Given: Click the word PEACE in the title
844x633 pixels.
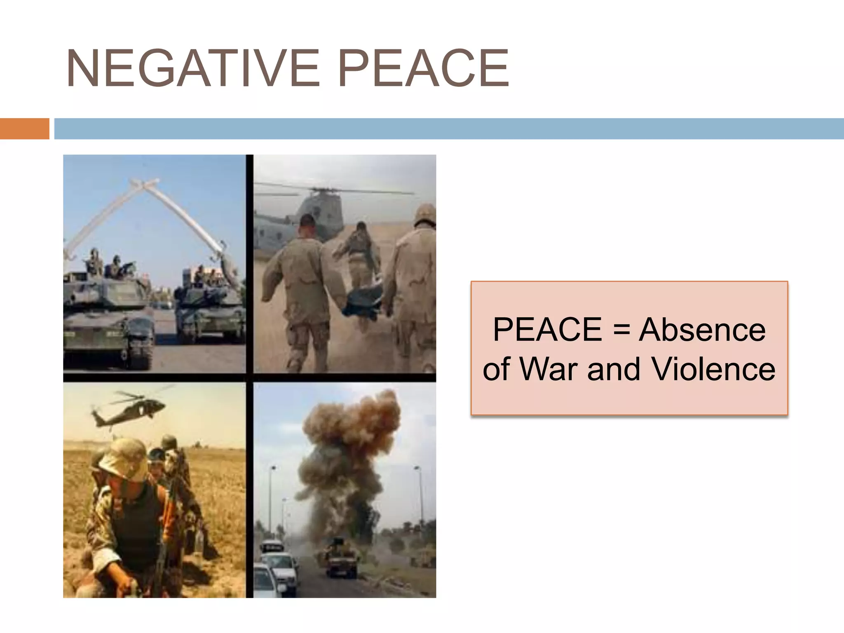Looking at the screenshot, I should (423, 68).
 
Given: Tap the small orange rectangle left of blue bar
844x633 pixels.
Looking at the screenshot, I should (24, 129).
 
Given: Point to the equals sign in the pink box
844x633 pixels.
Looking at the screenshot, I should (621, 331).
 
